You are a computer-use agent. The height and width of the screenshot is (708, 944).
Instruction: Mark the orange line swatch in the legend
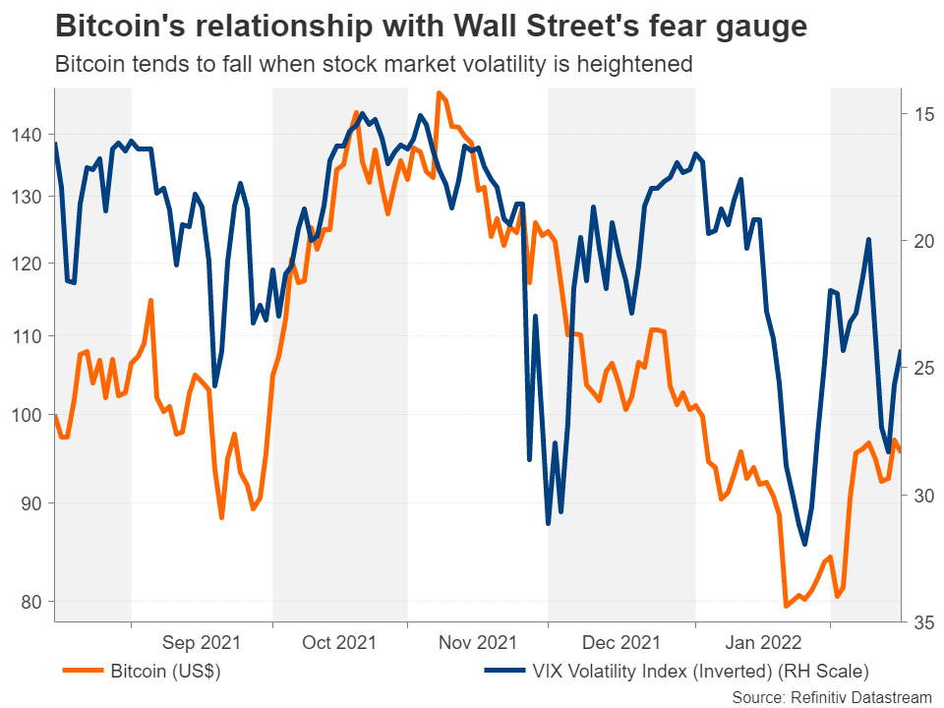click(83, 673)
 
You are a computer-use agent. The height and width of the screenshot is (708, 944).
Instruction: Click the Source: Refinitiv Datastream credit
click(831, 696)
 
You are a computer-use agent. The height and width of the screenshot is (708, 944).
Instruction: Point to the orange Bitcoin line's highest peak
click(439, 93)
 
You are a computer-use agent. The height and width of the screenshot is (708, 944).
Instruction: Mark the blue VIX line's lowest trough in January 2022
click(804, 545)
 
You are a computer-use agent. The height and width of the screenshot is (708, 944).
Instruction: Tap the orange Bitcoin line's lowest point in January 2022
click(785, 606)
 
